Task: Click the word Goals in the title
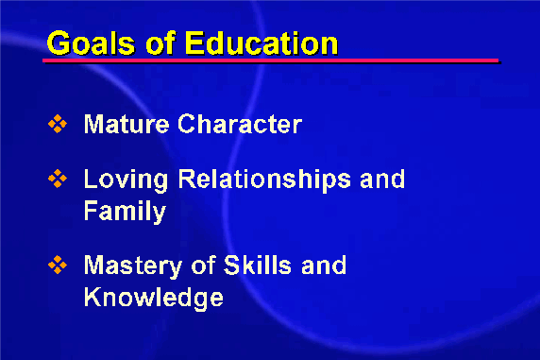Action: (91, 43)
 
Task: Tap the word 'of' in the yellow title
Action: (160, 43)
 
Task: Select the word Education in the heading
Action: (262, 43)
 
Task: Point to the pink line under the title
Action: (271, 60)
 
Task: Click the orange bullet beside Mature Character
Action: (58, 124)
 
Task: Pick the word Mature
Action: (127, 124)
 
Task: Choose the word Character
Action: (240, 124)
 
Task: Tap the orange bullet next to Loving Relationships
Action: (58, 179)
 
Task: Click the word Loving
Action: (127, 180)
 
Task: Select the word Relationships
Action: (264, 180)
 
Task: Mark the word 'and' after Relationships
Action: (382, 179)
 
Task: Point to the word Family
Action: (125, 212)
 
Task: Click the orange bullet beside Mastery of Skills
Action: (58, 265)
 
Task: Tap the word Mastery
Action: (133, 266)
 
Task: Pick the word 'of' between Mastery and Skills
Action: (204, 265)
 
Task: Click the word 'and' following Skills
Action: (324, 265)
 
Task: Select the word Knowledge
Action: (154, 299)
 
